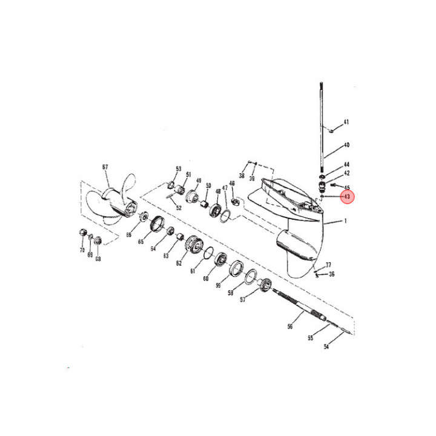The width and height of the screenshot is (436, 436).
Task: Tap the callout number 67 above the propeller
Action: point(105,167)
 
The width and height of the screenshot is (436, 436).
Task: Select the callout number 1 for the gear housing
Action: point(346,221)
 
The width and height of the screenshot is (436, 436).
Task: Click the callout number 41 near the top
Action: point(346,122)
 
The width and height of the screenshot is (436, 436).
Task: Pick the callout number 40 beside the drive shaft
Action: point(346,145)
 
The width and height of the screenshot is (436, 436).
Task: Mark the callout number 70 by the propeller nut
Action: point(82,249)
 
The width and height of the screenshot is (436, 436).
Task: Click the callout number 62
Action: point(179,263)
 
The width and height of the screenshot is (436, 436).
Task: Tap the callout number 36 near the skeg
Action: point(331,274)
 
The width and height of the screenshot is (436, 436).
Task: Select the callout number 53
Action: point(179,168)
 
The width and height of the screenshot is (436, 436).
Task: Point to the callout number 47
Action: point(224,188)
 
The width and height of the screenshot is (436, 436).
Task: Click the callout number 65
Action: point(140,242)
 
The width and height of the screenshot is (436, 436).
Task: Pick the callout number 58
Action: point(230,292)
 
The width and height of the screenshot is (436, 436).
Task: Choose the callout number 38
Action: point(241,176)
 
